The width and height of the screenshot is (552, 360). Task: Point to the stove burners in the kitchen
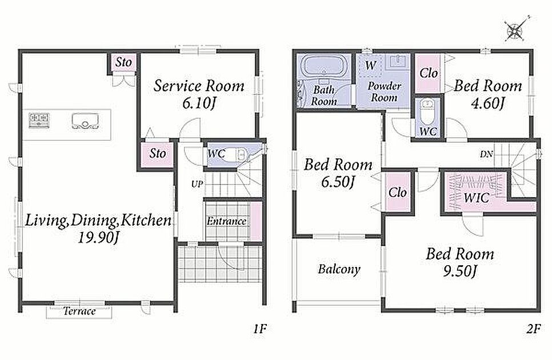(39, 121)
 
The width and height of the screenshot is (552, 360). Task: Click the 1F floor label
(260, 329)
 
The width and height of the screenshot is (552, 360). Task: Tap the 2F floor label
(533, 329)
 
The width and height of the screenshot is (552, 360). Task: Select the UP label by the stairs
(197, 184)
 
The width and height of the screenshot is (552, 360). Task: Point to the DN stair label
(486, 154)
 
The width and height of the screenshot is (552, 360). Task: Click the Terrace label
(79, 311)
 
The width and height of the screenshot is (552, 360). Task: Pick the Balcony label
(339, 269)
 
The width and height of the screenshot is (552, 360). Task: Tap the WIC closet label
(477, 197)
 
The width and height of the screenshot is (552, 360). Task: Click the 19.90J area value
(98, 238)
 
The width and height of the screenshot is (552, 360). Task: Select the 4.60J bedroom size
(487, 103)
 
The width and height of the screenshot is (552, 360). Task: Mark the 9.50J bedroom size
(460, 271)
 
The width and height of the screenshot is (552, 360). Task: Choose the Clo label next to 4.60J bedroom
(429, 73)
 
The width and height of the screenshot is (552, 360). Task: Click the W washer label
(370, 65)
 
